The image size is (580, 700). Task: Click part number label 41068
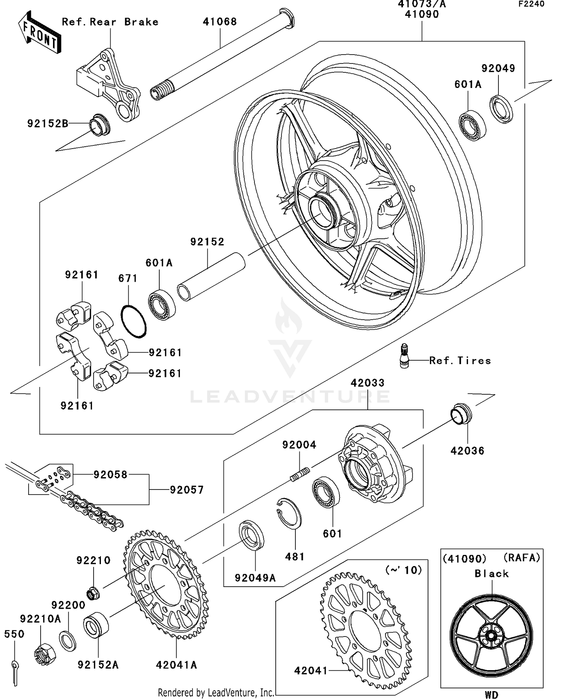(220, 22)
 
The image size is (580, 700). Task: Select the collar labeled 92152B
(100, 125)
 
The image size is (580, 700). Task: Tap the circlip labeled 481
(289, 513)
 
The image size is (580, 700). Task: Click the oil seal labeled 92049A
(251, 536)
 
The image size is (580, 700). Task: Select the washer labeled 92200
(68, 641)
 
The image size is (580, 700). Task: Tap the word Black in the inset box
(491, 573)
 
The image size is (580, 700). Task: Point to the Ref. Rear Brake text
(110, 22)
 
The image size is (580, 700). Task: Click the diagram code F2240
(531, 4)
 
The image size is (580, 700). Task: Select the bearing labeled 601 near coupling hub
(326, 492)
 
